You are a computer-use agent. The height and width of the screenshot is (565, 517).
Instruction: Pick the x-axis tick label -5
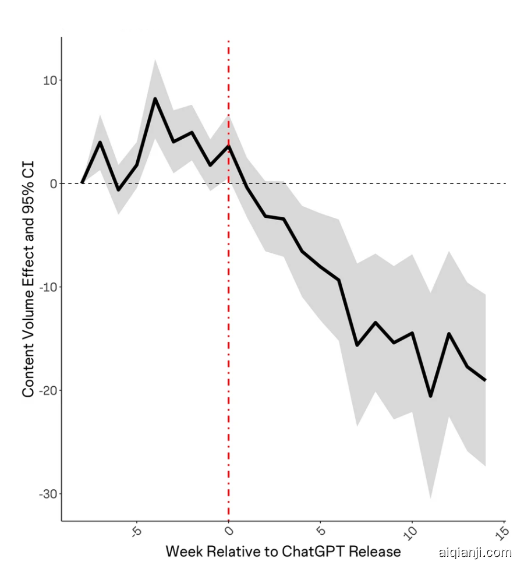pos(135,532)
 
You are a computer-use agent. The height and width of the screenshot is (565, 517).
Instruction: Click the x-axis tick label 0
pos(229,530)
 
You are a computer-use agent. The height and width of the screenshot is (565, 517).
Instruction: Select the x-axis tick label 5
pos(320,530)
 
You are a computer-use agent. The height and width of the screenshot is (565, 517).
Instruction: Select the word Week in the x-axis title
pos(184,551)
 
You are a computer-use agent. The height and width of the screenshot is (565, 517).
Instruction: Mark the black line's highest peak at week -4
pos(155,98)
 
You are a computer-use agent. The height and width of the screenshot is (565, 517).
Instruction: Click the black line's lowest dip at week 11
pos(430,396)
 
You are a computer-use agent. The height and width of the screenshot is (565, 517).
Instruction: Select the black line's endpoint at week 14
pos(485,380)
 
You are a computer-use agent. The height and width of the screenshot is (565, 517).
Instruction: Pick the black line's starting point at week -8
pos(82,182)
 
